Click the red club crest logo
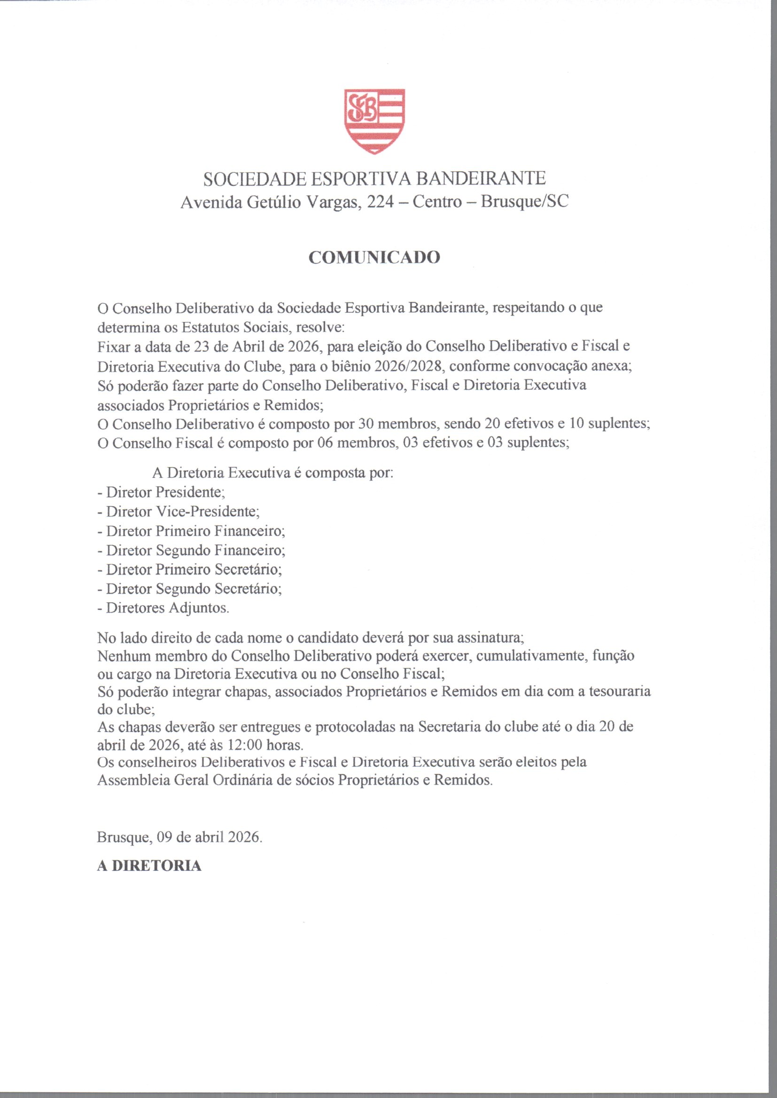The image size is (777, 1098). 374,121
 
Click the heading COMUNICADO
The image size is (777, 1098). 374,258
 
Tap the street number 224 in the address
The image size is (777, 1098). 381,202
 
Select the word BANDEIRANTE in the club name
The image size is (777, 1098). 482,179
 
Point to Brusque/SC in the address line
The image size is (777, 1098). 525,202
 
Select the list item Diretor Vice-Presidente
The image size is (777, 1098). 179,512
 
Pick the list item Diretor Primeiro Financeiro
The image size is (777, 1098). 191,531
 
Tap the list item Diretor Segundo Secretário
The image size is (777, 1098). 189,589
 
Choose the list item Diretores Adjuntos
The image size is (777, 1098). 163,608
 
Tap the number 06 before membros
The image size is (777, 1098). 326,443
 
